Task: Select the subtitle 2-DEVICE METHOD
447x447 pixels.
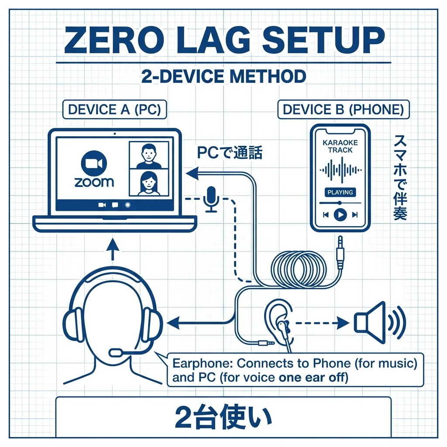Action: point(223,76)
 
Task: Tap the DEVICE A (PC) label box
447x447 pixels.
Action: point(115,110)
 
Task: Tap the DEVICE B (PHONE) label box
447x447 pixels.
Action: point(344,110)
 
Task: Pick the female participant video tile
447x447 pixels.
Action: point(149,183)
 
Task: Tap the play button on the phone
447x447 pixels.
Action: point(340,215)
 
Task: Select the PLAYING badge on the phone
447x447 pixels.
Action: point(340,192)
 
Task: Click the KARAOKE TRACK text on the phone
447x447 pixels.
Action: point(340,146)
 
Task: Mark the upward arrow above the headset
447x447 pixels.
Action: point(113,249)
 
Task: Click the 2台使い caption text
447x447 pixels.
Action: point(223,417)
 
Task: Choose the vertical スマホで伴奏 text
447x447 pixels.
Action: point(400,177)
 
